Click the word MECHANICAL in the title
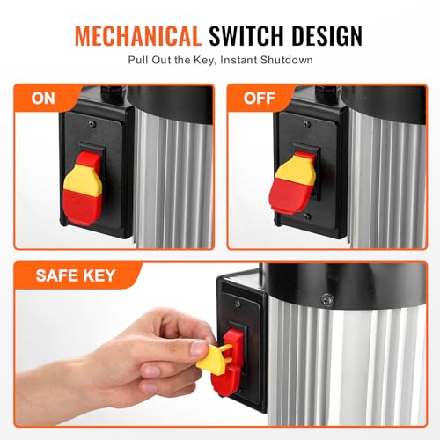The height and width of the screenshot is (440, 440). click(x=138, y=36)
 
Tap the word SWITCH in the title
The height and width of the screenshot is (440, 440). click(x=247, y=36)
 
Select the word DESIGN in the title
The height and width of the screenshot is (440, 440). click(x=327, y=36)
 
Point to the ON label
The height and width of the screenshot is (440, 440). click(x=43, y=99)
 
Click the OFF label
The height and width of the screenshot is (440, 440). click(x=260, y=98)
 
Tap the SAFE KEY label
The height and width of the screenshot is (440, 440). click(x=76, y=275)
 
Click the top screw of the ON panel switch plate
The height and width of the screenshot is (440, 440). click(x=93, y=124)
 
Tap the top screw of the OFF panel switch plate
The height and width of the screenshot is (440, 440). click(x=307, y=124)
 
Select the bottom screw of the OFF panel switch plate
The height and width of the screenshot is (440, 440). click(x=307, y=216)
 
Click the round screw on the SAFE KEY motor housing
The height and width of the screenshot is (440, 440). click(x=327, y=299)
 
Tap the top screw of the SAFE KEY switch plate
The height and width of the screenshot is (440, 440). click(x=238, y=304)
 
